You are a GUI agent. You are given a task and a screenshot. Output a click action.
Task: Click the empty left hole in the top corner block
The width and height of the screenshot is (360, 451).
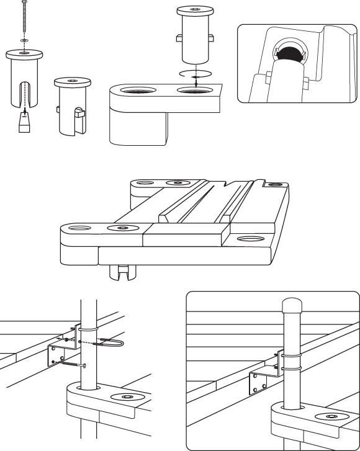click(137, 92)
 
